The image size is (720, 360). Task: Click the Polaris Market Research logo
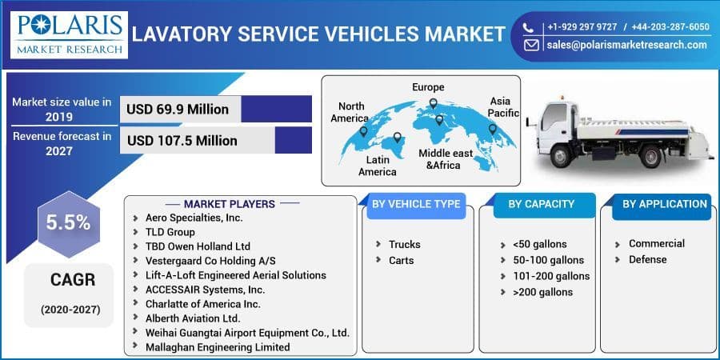click(70, 34)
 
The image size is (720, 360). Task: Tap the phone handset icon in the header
click(530, 27)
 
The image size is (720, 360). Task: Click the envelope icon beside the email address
click(531, 46)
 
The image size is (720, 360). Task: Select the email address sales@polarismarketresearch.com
click(626, 46)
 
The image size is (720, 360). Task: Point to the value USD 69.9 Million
click(178, 110)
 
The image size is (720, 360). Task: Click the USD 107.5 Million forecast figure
click(182, 141)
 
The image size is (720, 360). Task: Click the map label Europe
click(428, 87)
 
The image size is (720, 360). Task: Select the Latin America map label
click(377, 166)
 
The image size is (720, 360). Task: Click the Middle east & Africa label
click(446, 158)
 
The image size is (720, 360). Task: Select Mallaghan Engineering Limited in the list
click(218, 347)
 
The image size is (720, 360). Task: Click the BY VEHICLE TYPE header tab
click(415, 204)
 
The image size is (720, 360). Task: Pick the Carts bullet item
click(401, 260)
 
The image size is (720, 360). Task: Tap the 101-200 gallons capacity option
click(551, 276)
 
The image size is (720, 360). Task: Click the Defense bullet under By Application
click(647, 259)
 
